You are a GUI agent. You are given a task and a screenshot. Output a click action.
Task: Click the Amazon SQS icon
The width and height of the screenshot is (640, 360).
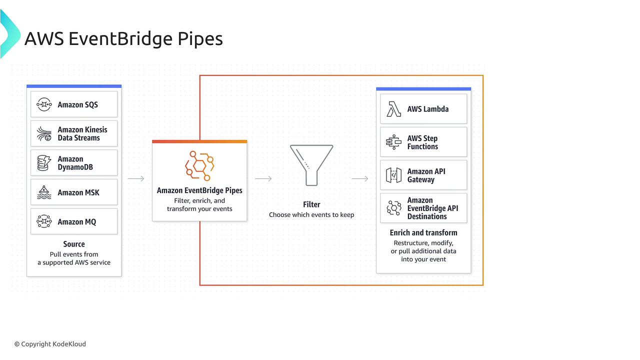tap(44, 104)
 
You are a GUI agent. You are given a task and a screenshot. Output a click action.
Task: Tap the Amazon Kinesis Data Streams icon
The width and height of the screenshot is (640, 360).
tap(44, 133)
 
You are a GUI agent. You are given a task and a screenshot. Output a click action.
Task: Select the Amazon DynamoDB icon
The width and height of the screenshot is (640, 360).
tap(44, 163)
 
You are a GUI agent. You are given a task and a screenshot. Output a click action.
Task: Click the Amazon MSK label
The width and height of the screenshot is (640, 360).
tap(78, 192)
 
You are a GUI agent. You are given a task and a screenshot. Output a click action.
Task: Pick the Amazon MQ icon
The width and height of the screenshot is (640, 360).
tap(44, 221)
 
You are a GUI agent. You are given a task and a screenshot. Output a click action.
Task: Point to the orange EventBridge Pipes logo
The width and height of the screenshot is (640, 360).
tap(199, 166)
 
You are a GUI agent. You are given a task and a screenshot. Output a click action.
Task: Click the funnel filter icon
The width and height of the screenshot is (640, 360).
tap(311, 165)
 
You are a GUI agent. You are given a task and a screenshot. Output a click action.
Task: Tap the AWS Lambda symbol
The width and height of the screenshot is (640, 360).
tap(393, 109)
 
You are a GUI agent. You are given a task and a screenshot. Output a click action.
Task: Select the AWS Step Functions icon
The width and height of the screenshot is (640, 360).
tap(393, 142)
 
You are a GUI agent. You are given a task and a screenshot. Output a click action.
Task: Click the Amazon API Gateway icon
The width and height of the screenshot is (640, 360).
tap(393, 175)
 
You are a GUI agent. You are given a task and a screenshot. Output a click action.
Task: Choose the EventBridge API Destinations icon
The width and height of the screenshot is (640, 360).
tap(393, 208)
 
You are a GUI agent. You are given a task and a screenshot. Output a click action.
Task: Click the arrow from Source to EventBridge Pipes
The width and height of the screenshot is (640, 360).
tap(136, 179)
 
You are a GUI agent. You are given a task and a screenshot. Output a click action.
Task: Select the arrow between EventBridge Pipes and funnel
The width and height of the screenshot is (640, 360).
tap(263, 179)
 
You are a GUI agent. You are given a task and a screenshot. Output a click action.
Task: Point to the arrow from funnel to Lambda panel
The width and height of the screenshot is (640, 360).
tap(360, 179)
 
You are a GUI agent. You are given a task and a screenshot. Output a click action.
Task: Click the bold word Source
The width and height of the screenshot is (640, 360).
tap(74, 244)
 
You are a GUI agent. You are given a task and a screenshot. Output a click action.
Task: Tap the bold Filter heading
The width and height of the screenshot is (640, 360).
tap(311, 204)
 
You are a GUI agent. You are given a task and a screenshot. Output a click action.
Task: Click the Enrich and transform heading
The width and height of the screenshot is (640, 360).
tap(423, 233)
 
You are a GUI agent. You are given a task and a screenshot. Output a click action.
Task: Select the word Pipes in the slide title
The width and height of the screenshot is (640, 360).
tap(200, 39)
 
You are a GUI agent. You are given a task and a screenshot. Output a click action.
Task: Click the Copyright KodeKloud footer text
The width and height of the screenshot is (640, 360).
tap(50, 344)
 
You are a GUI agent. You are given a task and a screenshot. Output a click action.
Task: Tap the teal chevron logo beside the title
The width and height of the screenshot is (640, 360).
tap(10, 33)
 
